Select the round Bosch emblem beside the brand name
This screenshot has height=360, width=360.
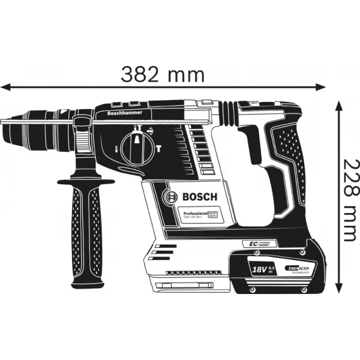(170, 197)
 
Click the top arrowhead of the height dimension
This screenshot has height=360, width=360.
(339, 105)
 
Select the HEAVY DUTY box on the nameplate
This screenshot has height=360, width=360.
(214, 213)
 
